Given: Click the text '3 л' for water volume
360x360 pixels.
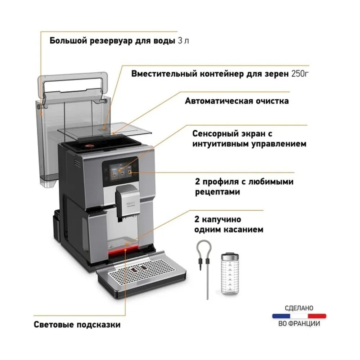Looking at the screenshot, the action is pos(184,41).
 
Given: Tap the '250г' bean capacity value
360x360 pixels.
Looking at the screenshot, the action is pos(300,74).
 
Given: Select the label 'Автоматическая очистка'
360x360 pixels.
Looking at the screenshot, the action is pos(237,101).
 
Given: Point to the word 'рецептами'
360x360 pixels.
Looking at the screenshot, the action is pos(217,192).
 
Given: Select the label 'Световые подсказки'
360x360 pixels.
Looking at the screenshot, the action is pos(77,325).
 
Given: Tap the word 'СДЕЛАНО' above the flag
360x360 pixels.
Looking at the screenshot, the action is pos(299,308).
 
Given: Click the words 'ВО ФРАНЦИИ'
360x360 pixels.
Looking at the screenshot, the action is pos(299,324).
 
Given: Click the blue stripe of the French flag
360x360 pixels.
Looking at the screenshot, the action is pos(281,316).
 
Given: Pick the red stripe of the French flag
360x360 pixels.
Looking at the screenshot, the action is pos(317,316).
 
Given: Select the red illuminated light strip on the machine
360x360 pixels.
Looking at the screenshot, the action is pos(123,251).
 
